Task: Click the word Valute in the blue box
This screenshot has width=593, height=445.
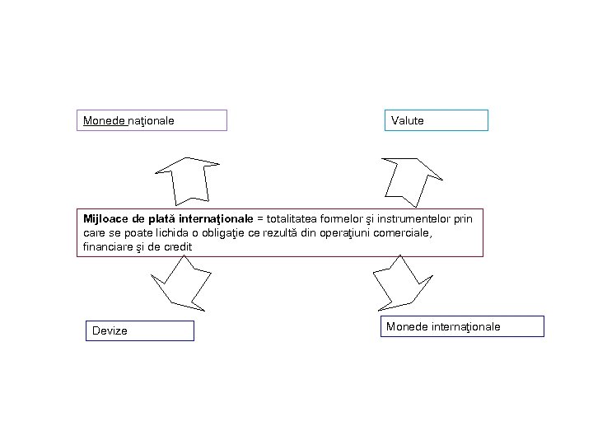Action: [x=408, y=121]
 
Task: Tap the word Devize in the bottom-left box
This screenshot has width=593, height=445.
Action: [x=110, y=331]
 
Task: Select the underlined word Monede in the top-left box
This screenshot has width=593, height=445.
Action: [x=104, y=121]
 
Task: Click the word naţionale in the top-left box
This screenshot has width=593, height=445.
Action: [x=152, y=121]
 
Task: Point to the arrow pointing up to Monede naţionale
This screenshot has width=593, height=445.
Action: [x=187, y=180]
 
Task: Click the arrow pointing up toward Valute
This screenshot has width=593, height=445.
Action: [x=412, y=179]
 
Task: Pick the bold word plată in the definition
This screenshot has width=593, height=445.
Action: [x=166, y=219]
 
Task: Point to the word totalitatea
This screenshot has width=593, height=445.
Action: [x=292, y=219]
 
